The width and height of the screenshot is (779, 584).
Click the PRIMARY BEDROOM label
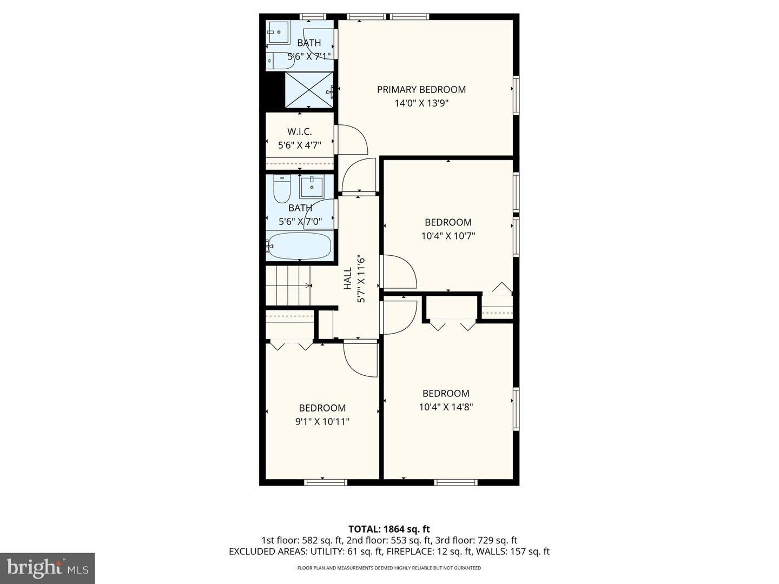421,90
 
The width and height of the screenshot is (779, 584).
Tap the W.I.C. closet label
299,132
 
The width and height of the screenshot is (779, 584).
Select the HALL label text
347,278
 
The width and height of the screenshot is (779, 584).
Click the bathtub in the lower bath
299,247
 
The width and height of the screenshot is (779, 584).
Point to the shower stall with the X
309,90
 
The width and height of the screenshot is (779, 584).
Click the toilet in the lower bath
282,189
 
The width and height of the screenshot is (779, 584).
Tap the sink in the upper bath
278,32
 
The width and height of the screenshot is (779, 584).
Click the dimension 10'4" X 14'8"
446,407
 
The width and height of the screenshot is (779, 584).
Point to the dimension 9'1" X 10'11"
322,422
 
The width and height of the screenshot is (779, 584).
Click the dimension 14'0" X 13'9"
421,103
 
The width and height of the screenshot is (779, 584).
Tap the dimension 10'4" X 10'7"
448,236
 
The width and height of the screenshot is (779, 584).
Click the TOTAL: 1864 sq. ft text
389,529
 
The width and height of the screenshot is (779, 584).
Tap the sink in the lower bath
311,188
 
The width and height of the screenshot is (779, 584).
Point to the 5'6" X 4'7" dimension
299,145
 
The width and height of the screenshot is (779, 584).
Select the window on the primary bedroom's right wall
516,96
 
